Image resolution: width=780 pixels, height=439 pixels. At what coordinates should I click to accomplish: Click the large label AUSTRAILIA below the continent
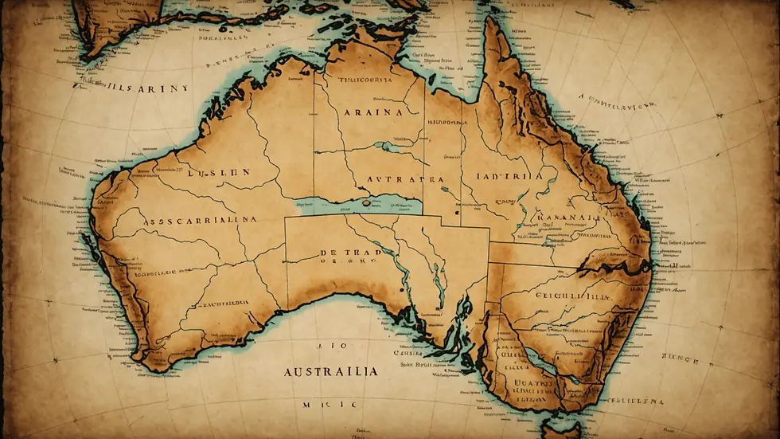(328, 372)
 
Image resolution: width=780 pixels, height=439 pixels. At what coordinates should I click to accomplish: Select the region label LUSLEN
(220, 171)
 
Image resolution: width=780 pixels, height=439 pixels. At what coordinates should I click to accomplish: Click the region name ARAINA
(372, 113)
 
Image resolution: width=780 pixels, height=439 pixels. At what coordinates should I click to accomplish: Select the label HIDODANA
(447, 124)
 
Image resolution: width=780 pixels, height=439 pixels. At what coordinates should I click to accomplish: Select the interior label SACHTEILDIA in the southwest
(220, 304)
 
